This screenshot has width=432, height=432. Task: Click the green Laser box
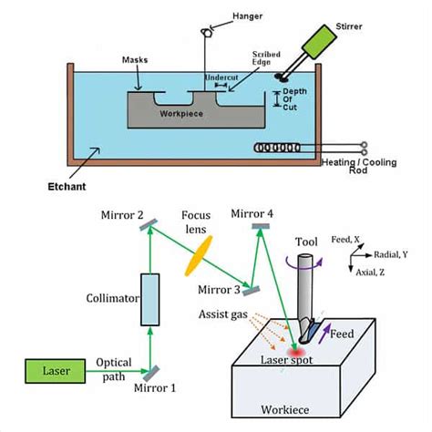pos(56,371)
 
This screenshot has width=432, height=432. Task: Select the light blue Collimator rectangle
pos(150,300)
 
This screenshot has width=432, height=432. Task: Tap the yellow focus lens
pos(199,256)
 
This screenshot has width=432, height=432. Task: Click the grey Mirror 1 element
pos(151,374)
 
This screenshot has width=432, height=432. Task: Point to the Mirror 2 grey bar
pos(149,225)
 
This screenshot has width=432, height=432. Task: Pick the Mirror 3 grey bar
pos(251,291)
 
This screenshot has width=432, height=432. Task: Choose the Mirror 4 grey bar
pos(261,226)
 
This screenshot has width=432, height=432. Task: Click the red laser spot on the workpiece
pos(295,353)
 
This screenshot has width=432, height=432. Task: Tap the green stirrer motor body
pos(319,42)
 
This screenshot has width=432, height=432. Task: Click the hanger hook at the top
pos(206,32)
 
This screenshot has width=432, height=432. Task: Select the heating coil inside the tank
pos(277,148)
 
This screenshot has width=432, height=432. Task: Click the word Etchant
pos(67,186)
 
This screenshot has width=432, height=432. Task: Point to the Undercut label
pos(221,77)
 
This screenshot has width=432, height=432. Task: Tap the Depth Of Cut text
pos(294,99)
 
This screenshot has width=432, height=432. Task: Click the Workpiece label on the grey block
pos(181,114)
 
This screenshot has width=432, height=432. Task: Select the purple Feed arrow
pos(324,334)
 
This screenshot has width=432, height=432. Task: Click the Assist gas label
pos(223,314)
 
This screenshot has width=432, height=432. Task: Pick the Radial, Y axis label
pos(391,254)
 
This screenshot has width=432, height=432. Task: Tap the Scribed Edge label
pos(266,58)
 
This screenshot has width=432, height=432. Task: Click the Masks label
pos(135,60)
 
